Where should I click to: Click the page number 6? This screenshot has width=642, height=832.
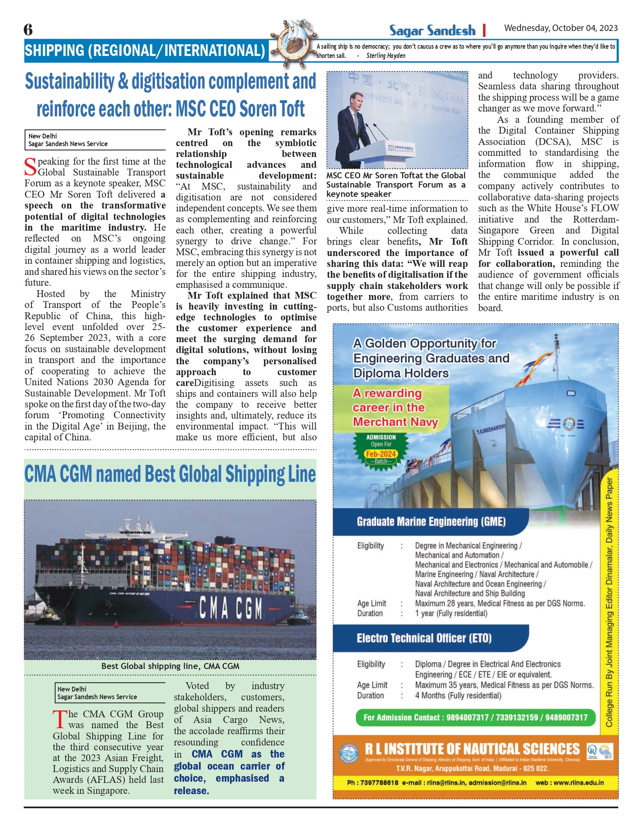point(28,29)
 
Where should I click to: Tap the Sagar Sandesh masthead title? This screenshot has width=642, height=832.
point(432,30)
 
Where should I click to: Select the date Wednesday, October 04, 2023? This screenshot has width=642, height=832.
point(561,28)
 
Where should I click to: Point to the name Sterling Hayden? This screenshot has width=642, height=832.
point(386,56)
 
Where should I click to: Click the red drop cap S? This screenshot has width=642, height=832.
point(30,167)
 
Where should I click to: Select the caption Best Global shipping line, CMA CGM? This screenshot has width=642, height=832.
point(170,666)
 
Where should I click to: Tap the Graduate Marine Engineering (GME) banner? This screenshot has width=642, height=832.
point(431,522)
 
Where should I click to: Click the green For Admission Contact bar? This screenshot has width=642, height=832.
point(475,717)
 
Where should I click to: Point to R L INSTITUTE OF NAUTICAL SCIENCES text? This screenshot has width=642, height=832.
point(472,749)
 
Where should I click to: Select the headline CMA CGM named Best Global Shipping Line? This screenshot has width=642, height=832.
point(170,474)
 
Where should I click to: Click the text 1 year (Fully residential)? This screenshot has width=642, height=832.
point(451,613)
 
